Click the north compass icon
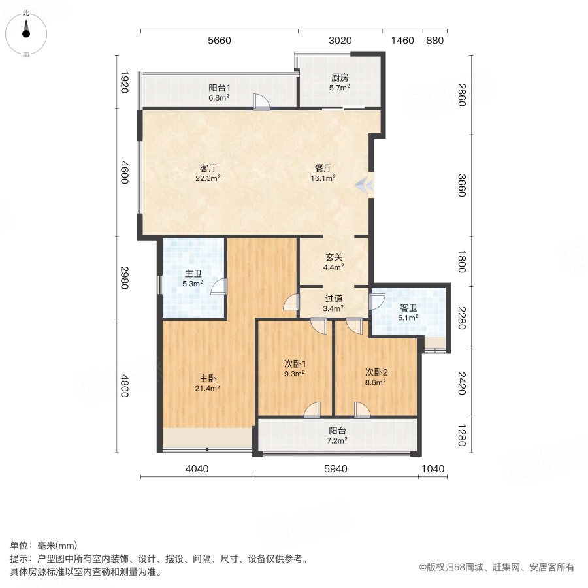26,29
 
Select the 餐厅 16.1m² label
325,172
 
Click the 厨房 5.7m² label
339,82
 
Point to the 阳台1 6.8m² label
219,92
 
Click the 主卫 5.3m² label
193,278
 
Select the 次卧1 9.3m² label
295,368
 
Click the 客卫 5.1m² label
408,313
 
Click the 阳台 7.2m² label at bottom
337,435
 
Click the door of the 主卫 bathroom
222,287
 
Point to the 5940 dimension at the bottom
336,468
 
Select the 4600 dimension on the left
124,175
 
